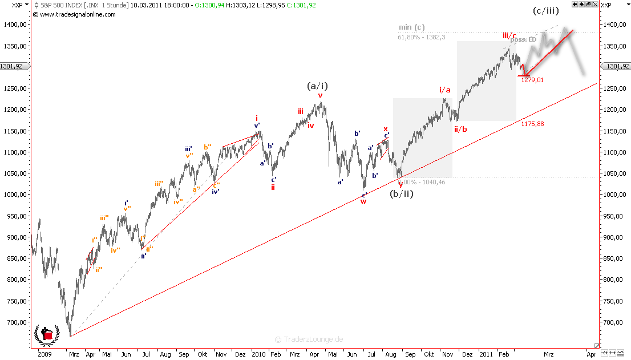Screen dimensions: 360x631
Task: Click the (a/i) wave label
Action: (317, 86)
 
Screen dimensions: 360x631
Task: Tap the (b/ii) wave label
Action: (401, 194)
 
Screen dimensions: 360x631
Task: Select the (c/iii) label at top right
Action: (545, 11)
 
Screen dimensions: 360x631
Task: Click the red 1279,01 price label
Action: (532, 80)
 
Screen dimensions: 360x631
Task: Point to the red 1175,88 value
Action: (532, 124)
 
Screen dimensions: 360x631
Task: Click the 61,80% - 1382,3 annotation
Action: (421, 37)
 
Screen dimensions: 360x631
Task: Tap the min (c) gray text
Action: (411, 27)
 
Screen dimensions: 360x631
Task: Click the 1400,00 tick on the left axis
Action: (15, 25)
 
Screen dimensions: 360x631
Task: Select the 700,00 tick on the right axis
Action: (614, 322)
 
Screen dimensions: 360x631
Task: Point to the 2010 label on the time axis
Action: (258, 354)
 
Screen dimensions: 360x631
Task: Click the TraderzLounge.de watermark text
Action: (309, 339)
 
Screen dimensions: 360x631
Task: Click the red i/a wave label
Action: (445, 90)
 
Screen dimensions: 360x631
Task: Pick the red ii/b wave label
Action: (460, 129)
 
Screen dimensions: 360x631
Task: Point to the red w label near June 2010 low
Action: (363, 201)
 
